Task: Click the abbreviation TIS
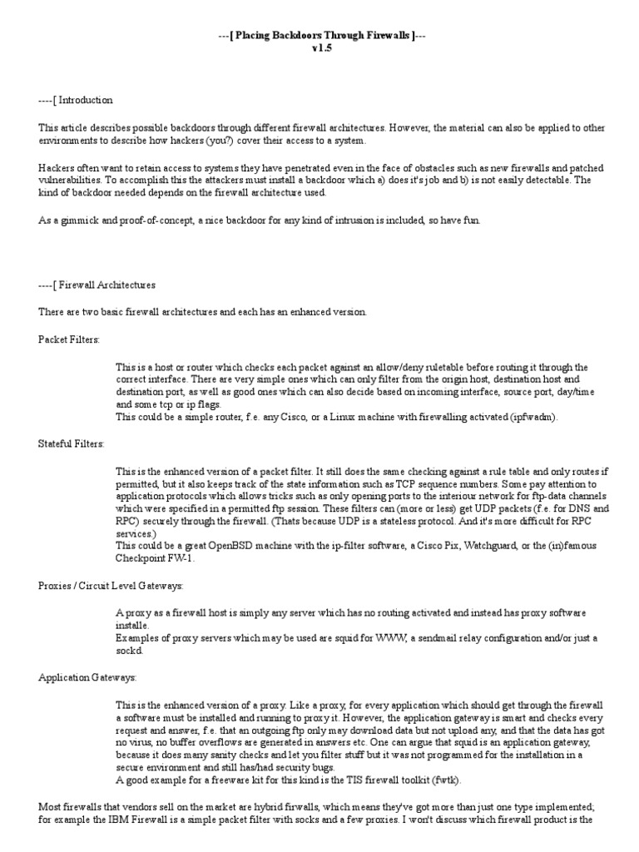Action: point(349,780)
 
